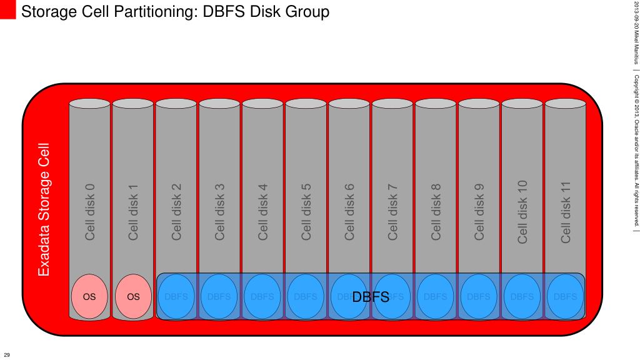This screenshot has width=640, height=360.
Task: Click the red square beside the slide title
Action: (x=7, y=10)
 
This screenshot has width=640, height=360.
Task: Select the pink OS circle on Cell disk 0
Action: (x=89, y=297)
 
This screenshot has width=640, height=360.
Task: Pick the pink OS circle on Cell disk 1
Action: (x=133, y=297)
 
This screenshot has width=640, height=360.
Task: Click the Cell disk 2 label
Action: (x=176, y=212)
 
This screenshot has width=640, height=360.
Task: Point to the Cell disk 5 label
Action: (x=306, y=212)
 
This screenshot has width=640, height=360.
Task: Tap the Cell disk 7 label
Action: (x=392, y=212)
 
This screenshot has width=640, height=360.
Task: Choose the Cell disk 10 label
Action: (x=522, y=212)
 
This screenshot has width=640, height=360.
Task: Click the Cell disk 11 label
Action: (x=566, y=212)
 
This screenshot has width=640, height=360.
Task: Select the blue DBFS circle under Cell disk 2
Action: (x=176, y=297)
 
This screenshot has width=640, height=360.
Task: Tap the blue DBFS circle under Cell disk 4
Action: (x=262, y=297)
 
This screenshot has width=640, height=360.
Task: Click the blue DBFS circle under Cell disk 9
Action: (x=479, y=297)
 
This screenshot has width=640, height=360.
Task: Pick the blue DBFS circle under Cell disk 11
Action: (x=566, y=297)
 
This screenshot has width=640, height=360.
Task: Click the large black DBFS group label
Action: (x=371, y=297)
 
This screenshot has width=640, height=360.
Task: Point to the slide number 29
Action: (x=7, y=354)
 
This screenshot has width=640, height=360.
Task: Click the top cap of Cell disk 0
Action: (x=89, y=103)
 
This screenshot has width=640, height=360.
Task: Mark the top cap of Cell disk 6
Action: (x=349, y=103)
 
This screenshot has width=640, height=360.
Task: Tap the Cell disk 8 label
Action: (x=436, y=212)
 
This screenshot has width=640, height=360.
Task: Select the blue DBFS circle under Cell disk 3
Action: (x=219, y=297)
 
